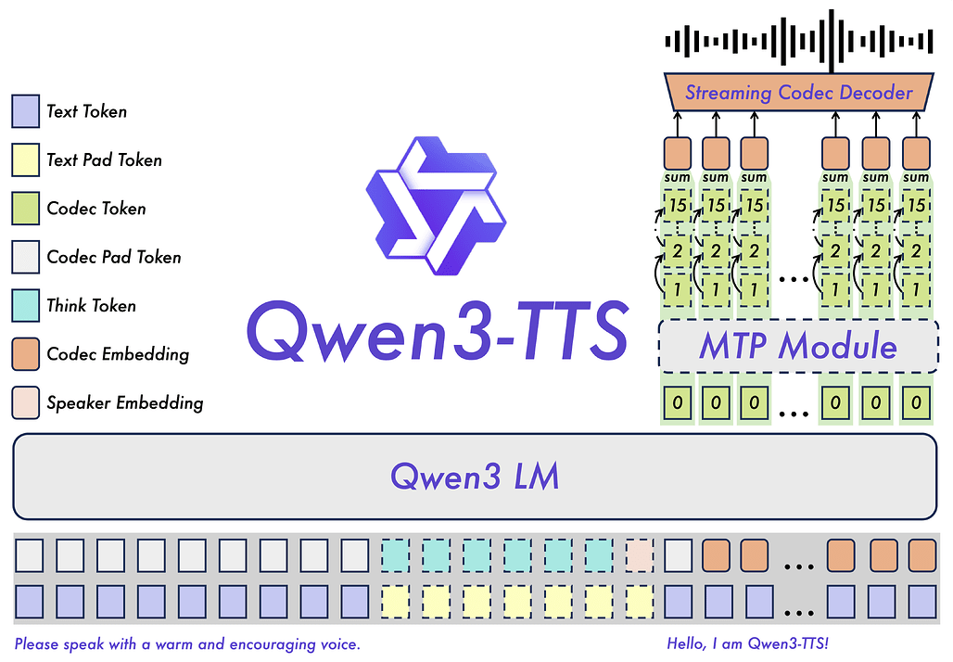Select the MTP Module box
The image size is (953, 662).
pos(797,346)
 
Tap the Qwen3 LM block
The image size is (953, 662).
pos(475,477)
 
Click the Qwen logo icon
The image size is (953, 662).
pos(436,205)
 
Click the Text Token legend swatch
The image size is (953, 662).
pos(25,112)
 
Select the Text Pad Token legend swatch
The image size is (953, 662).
pos(25,160)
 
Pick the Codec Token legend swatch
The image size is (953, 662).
pos(25,209)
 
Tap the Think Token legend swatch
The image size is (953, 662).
pos(25,306)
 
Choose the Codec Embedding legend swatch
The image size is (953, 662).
pos(25,354)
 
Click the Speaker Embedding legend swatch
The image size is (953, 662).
pos(25,402)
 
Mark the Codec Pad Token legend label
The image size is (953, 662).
pos(114,258)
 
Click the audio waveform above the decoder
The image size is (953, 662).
pos(799,42)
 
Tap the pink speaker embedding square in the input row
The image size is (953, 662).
pos(640,555)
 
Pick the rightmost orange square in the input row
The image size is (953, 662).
pos(922,555)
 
